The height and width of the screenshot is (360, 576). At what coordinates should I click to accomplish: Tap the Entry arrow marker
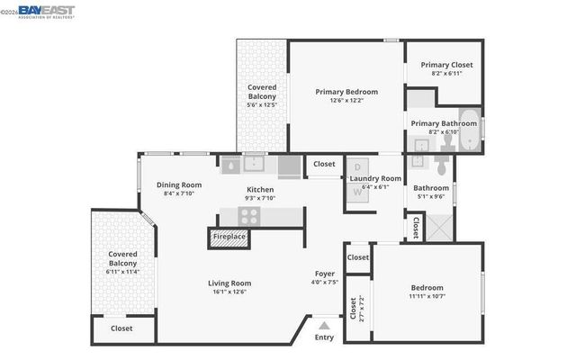(x=324, y=323)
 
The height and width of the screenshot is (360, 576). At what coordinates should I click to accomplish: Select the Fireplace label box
(x=229, y=237)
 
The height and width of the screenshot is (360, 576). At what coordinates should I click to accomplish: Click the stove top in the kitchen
(x=248, y=216)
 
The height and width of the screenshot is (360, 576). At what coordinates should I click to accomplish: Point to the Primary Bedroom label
(x=346, y=92)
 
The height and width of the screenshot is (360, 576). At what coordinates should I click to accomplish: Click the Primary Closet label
(x=446, y=65)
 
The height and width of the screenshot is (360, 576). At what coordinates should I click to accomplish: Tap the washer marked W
(x=356, y=191)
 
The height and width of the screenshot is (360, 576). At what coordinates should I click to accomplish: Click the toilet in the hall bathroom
(x=441, y=166)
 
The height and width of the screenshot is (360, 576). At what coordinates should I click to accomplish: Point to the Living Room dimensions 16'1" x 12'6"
(x=228, y=292)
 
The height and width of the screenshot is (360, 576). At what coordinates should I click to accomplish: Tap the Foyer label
(x=325, y=274)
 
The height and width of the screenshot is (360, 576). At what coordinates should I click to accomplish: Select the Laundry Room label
(x=375, y=178)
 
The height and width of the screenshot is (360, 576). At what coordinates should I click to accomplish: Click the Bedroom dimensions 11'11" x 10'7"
(x=427, y=297)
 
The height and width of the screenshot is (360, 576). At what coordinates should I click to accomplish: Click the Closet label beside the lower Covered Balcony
(x=121, y=328)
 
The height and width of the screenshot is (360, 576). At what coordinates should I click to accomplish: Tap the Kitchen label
(x=260, y=190)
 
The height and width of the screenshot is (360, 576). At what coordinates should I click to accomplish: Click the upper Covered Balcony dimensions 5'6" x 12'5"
(x=262, y=105)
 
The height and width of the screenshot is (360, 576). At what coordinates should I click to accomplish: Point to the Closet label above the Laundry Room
(x=324, y=165)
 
